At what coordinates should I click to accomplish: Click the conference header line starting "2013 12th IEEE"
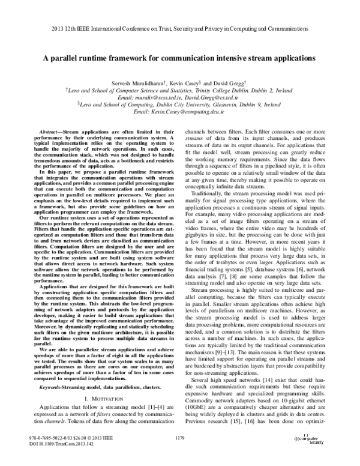[x=179, y=28]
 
